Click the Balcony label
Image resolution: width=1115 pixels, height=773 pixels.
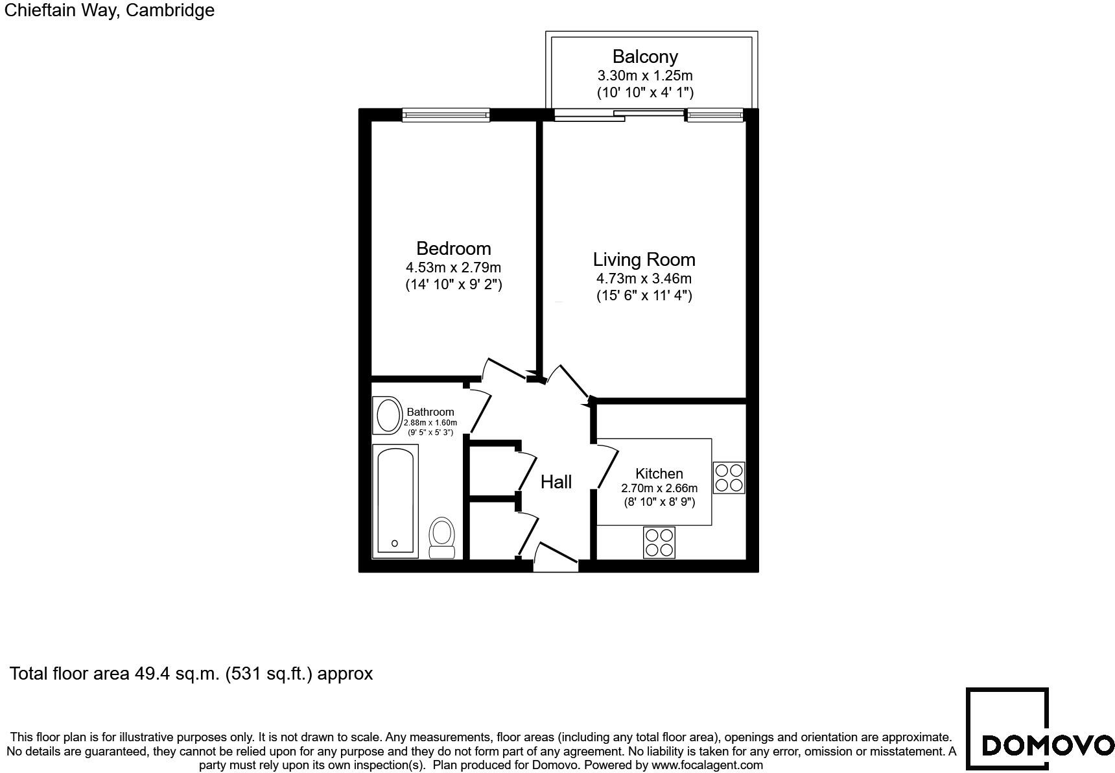[644, 57]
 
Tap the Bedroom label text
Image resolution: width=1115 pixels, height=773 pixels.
[453, 248]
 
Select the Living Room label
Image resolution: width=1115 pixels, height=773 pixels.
[644, 259]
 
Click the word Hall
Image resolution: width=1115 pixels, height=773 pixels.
[556, 482]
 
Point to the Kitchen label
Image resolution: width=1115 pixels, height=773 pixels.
[659, 473]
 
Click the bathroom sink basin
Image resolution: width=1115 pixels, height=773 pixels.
[388, 416]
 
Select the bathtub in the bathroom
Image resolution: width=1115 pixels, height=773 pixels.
[395, 499]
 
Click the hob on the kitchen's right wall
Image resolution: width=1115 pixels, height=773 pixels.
[729, 477]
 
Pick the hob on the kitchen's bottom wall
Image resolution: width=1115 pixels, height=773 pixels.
[659, 542]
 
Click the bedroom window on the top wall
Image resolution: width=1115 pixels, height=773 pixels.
[445, 115]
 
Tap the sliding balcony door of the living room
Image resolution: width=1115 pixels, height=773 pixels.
[619, 115]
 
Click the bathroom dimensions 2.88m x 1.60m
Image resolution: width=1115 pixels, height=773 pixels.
[430, 423]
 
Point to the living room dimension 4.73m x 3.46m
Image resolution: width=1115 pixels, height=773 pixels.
[644, 279]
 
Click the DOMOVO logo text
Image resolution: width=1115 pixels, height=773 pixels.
[1048, 745]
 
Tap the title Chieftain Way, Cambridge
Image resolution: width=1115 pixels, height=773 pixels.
[109, 10]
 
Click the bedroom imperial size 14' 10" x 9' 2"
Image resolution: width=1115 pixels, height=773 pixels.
[453, 284]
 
